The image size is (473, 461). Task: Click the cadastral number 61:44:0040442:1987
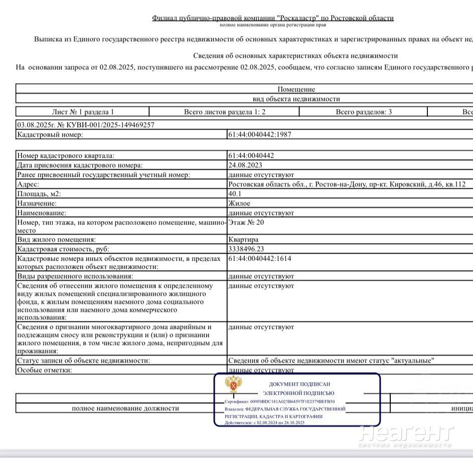click(x=259, y=135)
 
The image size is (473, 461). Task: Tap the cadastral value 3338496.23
click(x=253, y=249)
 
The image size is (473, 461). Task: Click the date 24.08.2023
click(x=245, y=165)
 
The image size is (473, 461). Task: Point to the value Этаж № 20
click(x=246, y=222)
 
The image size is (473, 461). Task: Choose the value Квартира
click(x=243, y=240)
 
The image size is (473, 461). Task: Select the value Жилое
click(x=239, y=203)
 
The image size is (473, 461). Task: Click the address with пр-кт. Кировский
click(x=347, y=184)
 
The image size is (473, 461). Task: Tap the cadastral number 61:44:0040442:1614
click(x=259, y=259)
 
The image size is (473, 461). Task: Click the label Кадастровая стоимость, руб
click(x=63, y=249)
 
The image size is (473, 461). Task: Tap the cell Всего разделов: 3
click(x=364, y=112)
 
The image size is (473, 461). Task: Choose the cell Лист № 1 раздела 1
click(x=83, y=112)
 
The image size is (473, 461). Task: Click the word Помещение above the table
click(x=296, y=89)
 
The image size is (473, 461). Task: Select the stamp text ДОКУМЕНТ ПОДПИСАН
click(x=299, y=384)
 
